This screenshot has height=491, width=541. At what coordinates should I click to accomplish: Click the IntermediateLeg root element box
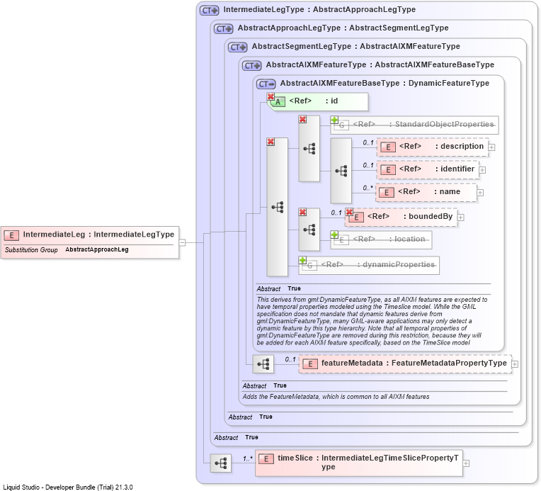click(90, 242)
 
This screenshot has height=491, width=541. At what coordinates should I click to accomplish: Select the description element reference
click(433, 147)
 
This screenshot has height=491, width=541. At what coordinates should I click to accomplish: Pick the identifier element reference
click(428, 169)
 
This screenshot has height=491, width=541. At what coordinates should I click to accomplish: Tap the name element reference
click(426, 192)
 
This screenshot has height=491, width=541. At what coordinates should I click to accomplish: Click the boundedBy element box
click(402, 218)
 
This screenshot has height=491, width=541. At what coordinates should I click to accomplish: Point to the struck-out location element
click(381, 239)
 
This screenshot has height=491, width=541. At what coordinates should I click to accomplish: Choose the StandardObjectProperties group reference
click(415, 125)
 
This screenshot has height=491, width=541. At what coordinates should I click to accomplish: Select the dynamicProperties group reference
click(369, 265)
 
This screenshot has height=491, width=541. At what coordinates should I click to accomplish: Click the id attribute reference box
click(318, 101)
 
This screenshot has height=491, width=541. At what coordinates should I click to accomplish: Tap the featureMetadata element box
click(406, 363)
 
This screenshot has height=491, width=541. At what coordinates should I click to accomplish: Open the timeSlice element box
click(359, 463)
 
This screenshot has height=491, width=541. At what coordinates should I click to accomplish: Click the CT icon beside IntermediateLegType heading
click(210, 11)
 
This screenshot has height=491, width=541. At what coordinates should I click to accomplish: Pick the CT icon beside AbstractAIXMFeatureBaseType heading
click(266, 84)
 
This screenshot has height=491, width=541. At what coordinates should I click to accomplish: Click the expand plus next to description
click(491, 147)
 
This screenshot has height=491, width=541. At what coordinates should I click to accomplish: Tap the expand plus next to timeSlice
click(466, 463)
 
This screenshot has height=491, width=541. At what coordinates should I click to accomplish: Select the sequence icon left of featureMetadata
click(263, 364)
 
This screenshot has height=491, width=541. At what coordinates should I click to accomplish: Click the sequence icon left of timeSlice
click(221, 463)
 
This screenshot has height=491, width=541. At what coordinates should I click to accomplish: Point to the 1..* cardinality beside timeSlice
click(248, 458)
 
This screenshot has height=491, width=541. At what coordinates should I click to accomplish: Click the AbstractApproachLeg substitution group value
click(97, 249)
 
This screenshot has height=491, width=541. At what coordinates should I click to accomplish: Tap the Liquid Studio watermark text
click(68, 487)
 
